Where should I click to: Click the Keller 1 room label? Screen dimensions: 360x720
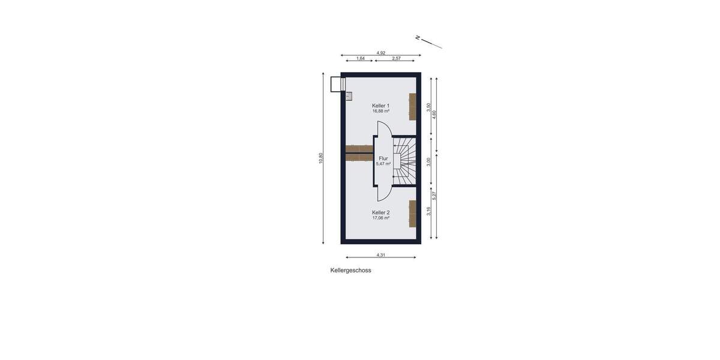pos(380,106)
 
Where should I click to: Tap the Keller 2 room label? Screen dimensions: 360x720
pos(380,212)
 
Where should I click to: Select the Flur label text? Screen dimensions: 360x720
pos(383,158)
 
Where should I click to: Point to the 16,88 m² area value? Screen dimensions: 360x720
pos(380,111)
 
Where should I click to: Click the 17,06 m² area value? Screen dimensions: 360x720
pos(380,218)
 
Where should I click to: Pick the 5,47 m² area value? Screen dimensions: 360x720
pos(383,164)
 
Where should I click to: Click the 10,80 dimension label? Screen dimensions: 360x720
pos(321,158)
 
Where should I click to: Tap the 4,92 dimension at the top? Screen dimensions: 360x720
pos(380,53)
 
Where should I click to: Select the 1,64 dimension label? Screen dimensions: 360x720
pos(361,58)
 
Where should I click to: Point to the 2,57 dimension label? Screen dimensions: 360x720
pos(396,58)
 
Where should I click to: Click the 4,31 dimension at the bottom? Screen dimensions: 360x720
pos(380,255)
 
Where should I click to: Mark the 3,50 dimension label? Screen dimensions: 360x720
pos(428,107)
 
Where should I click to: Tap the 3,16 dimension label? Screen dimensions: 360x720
pos(428,211)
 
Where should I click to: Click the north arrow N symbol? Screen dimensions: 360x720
pos(418,38)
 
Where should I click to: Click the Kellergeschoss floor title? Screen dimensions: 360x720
pos(350,271)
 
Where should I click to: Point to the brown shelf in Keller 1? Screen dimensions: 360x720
pos(413,107)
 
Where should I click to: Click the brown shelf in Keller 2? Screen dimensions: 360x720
pos(413,214)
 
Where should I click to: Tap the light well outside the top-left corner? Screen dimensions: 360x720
pos(335,85)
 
